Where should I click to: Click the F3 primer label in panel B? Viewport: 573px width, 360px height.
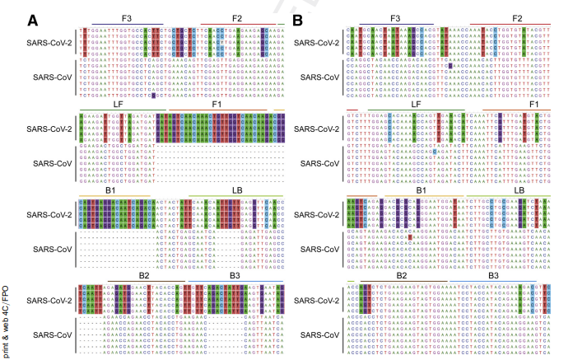[x=395, y=17]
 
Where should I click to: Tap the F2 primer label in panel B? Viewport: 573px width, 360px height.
[x=518, y=17]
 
